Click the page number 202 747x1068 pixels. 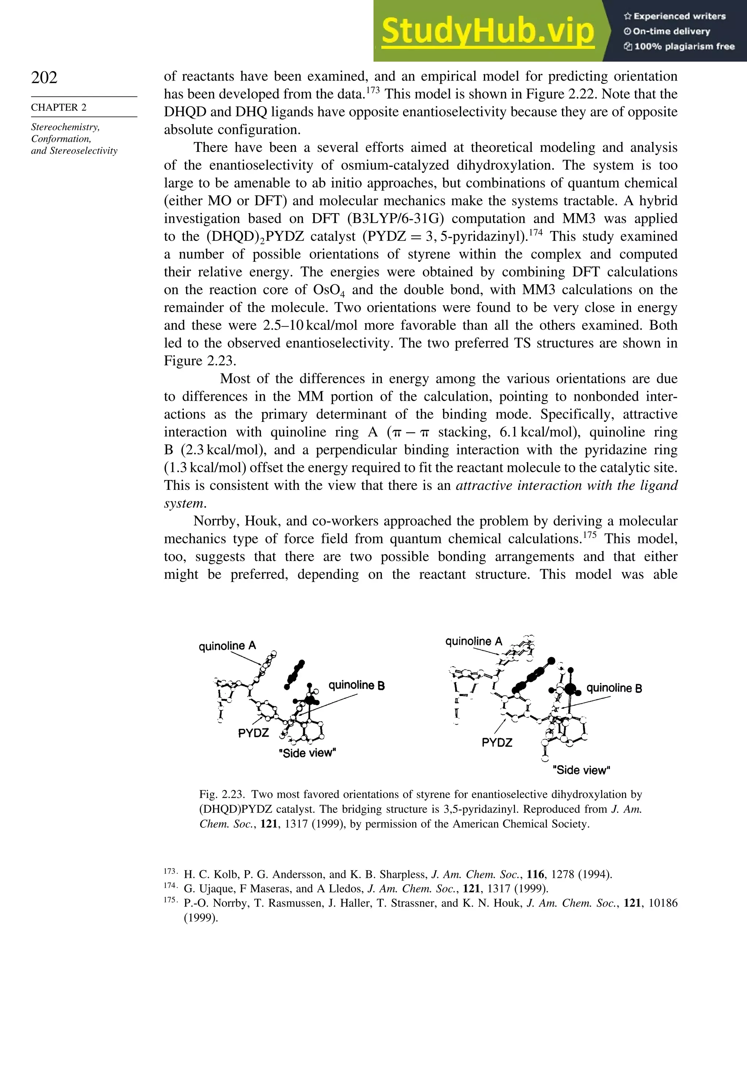click(44, 77)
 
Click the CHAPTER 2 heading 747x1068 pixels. click(59, 107)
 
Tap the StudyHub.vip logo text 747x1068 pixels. click(488, 31)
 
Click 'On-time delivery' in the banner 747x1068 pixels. click(671, 31)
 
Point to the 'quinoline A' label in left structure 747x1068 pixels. click(227, 646)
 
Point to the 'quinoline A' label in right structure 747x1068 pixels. click(474, 641)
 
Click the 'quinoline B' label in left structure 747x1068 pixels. click(356, 685)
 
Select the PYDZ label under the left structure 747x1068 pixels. click(253, 733)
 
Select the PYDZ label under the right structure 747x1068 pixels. click(497, 742)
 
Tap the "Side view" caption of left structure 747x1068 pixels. click(307, 753)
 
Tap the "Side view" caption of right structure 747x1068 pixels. click(581, 770)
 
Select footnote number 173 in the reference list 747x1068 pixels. click(170, 871)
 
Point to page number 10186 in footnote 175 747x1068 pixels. click(663, 903)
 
